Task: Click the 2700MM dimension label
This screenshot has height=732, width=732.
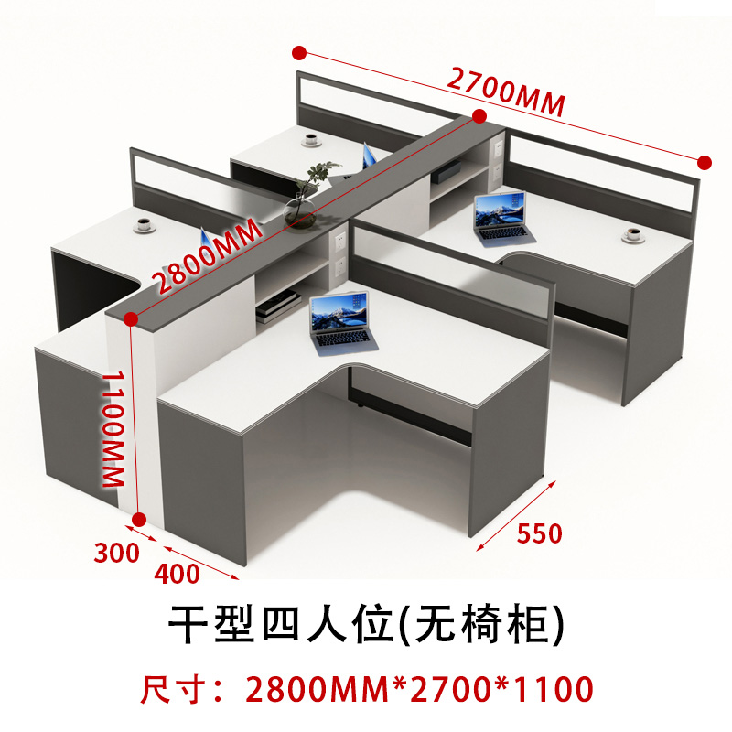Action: click(x=504, y=91)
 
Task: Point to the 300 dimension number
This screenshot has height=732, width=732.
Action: click(x=116, y=553)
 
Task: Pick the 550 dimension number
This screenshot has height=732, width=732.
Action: click(x=539, y=533)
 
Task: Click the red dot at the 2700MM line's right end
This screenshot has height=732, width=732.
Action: click(x=704, y=162)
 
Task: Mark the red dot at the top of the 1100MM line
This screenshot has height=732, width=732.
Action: click(x=131, y=319)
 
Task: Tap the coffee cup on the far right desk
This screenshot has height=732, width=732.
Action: click(x=631, y=236)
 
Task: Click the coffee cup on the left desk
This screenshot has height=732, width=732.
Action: click(x=146, y=223)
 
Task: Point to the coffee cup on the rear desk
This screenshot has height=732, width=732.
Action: click(x=310, y=140)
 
